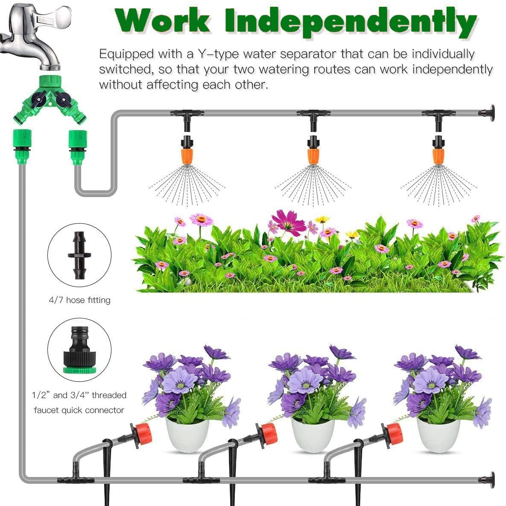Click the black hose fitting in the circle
coord(79,255)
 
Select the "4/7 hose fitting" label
coord(79,300)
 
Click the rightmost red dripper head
coord(393,433)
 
